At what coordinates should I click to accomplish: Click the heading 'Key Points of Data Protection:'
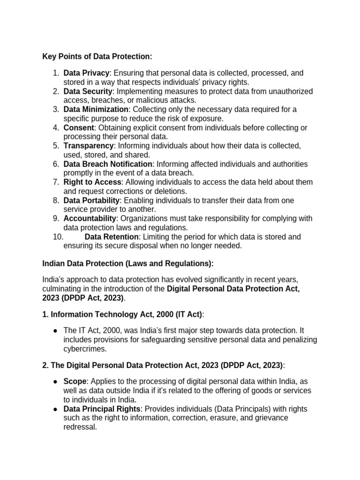(x=97, y=56)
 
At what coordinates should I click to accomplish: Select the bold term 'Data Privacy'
(x=86, y=73)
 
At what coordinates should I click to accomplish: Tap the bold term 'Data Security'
(x=88, y=91)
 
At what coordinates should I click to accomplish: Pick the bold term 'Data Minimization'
(x=96, y=110)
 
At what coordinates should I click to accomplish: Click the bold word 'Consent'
(x=79, y=127)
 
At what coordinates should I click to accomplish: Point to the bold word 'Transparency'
(x=89, y=146)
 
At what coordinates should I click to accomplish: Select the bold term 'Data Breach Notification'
(x=108, y=164)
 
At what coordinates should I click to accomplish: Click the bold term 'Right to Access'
(x=92, y=182)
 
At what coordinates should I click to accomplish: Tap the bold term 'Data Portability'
(x=91, y=201)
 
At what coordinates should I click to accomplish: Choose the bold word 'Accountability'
(x=90, y=219)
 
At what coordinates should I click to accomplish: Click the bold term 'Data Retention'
(x=112, y=237)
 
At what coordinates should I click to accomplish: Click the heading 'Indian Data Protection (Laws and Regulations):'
(x=127, y=264)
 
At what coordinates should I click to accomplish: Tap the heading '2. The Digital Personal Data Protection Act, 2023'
(x=162, y=365)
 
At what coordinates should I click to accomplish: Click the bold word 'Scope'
(x=74, y=382)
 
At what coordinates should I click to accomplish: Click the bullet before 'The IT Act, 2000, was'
(x=55, y=331)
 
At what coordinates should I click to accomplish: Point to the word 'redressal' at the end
(x=80, y=427)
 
